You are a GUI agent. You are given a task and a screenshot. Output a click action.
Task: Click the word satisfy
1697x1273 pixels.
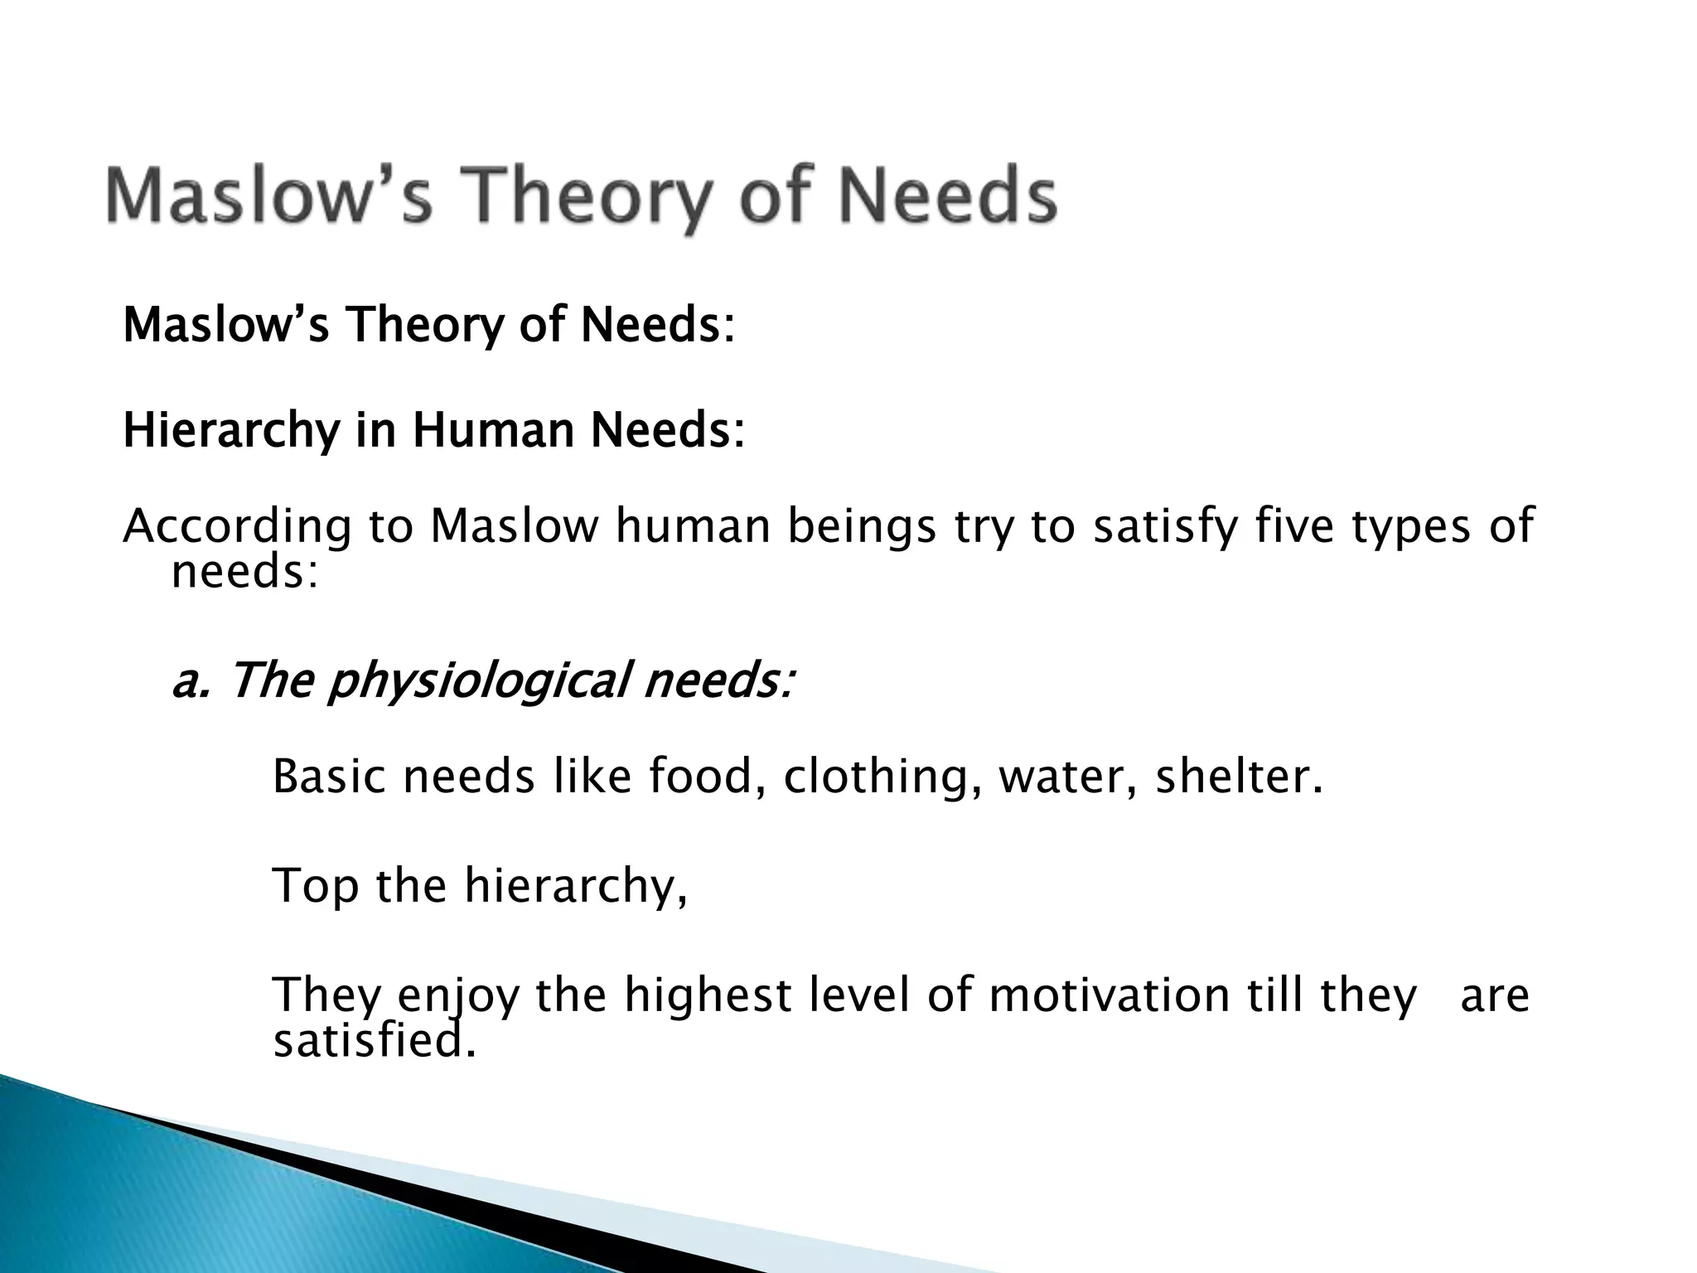[1163, 526]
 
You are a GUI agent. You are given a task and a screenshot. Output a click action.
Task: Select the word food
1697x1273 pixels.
[706, 777]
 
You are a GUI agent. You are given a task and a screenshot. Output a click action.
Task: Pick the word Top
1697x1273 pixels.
[316, 886]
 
